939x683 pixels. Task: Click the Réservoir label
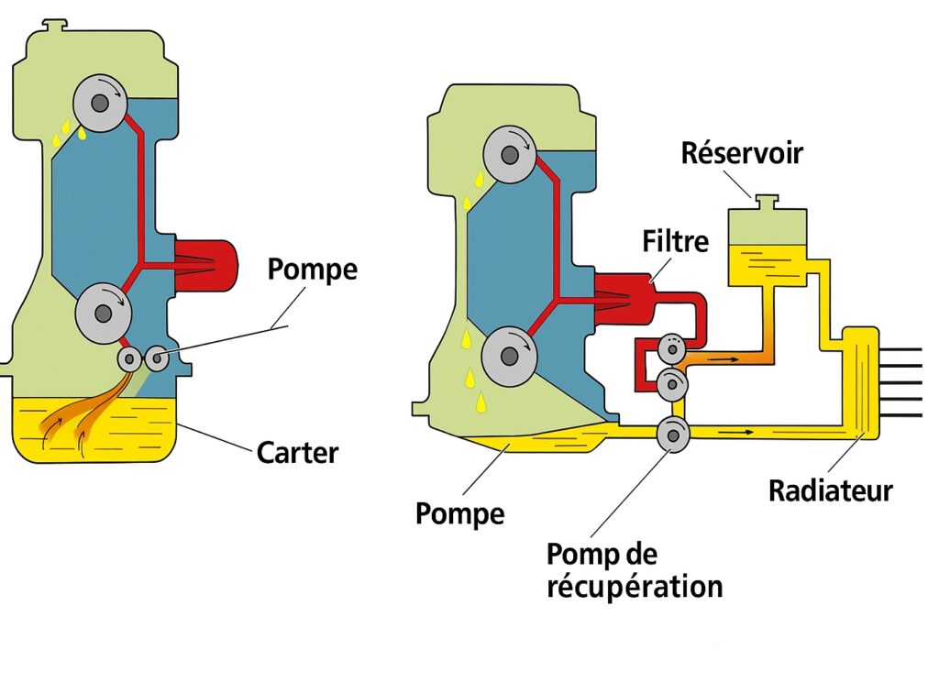pos(742,152)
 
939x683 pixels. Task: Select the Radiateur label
pos(830,490)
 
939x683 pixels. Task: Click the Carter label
pos(297,452)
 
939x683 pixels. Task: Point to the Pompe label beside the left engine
pos(312,270)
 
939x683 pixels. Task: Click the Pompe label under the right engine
pos(459,512)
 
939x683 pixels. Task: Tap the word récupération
pos(635,587)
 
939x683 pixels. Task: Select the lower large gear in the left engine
pos(101,314)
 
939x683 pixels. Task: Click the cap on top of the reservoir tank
pos(766,199)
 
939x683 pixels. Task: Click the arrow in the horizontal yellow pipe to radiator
pos(737,430)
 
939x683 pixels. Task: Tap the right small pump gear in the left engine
pos(157,358)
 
